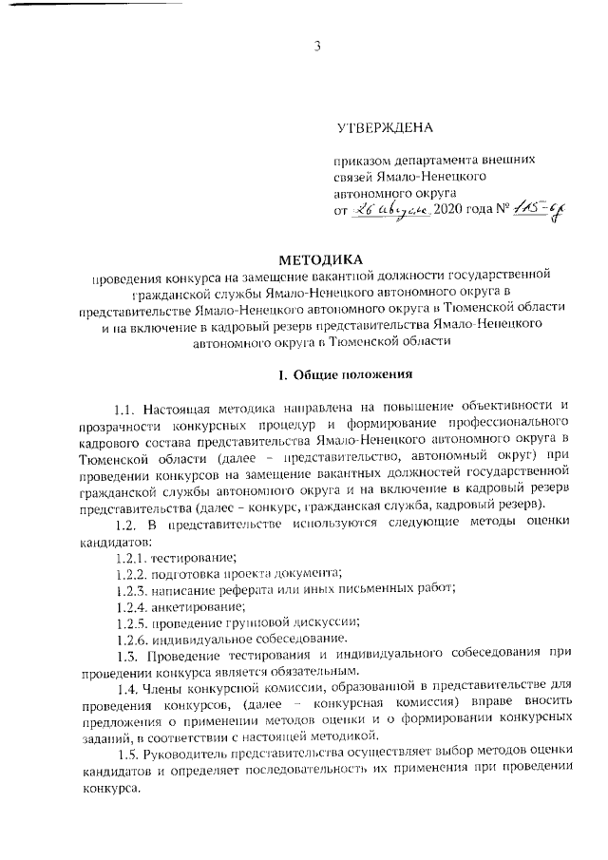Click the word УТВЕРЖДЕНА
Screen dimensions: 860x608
coord(385,127)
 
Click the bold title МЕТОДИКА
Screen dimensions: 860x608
coord(320,258)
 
